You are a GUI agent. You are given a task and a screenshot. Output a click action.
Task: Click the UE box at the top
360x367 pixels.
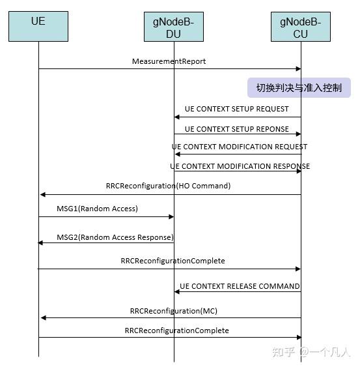(x=38, y=27)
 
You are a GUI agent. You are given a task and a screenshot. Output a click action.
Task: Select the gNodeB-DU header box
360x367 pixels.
(x=174, y=27)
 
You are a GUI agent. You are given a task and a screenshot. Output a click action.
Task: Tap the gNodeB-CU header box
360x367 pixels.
(x=300, y=27)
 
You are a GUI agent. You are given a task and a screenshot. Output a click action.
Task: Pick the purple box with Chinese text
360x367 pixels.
(x=299, y=88)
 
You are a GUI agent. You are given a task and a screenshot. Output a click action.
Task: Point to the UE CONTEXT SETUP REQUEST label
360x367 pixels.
(x=236, y=109)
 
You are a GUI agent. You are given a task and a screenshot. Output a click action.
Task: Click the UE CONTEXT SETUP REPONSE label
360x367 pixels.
(x=236, y=129)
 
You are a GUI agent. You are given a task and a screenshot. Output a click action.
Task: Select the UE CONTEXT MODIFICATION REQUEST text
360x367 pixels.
(x=240, y=147)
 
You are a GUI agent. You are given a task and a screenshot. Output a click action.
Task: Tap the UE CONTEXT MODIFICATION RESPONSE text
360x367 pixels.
(x=240, y=166)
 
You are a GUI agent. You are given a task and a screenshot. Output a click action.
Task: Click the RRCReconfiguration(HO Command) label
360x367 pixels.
(x=168, y=186)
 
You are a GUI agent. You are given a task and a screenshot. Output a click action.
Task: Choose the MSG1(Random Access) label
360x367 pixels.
(x=98, y=209)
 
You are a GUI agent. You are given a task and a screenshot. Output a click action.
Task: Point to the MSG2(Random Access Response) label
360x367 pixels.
(x=115, y=237)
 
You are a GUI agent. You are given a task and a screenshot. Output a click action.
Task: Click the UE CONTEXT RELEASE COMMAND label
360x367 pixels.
(x=240, y=286)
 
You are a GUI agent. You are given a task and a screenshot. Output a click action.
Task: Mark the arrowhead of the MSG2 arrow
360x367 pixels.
(x=41, y=242)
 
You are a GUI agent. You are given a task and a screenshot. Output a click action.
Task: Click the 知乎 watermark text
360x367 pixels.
(x=283, y=353)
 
